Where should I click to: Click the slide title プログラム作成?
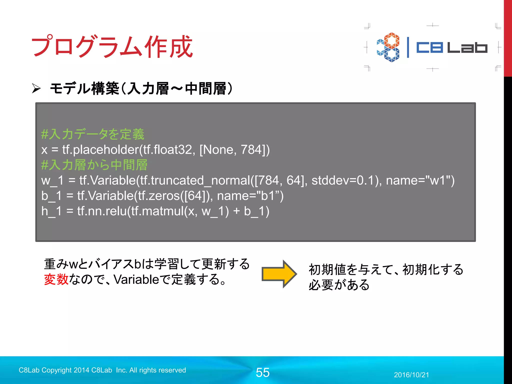(x=112, y=46)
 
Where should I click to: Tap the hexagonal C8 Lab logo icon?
(x=388, y=47)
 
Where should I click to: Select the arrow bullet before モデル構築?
(x=36, y=88)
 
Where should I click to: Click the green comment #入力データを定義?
(x=93, y=134)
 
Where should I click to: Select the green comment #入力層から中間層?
(x=94, y=165)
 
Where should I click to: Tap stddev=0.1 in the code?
(x=345, y=180)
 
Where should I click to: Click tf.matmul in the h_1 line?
(x=157, y=211)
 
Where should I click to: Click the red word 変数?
(x=56, y=279)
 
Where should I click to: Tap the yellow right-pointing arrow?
(x=279, y=274)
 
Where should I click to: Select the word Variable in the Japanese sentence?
(x=136, y=279)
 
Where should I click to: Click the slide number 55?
(x=262, y=372)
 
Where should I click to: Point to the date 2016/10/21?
(x=411, y=375)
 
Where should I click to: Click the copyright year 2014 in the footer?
(x=81, y=370)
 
